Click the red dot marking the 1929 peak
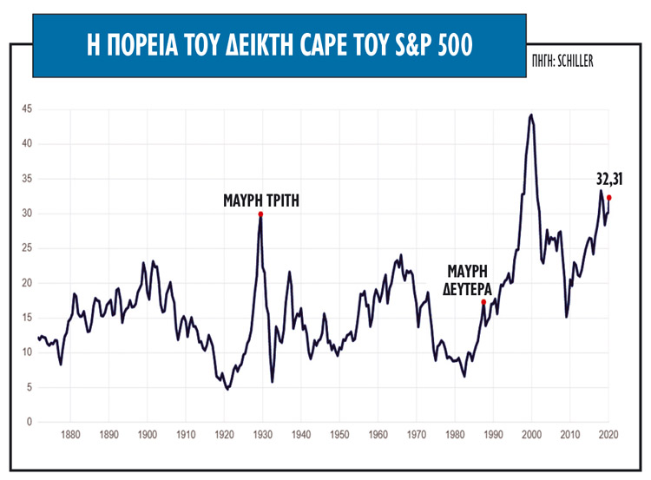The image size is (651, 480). click(x=260, y=214)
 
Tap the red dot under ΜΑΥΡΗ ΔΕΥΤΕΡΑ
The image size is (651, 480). click(x=483, y=301)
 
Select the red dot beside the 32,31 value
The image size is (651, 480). click(x=609, y=197)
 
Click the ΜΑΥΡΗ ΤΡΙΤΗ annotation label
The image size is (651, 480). click(x=260, y=199)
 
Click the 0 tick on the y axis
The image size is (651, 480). click(x=30, y=422)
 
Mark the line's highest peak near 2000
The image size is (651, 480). click(x=531, y=115)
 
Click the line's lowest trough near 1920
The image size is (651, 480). click(x=227, y=389)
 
